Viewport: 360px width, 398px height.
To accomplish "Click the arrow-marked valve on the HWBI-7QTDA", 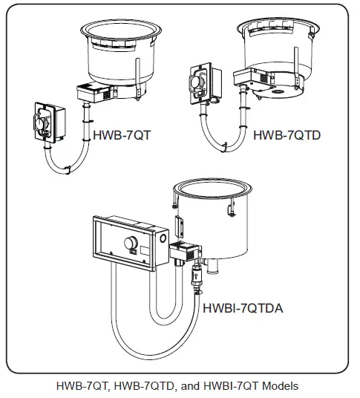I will point(196,279).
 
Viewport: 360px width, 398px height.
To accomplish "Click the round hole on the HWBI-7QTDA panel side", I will point(161,239).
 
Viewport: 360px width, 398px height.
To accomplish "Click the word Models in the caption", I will point(278,385).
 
